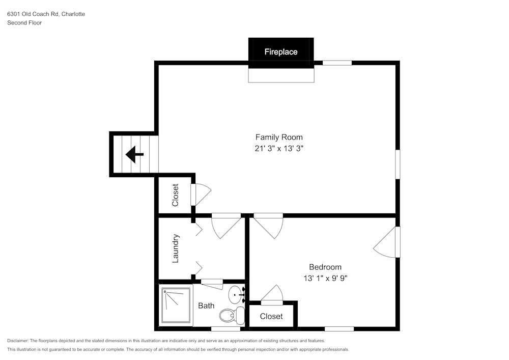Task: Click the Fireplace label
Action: point(280,52)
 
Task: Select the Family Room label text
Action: point(278,137)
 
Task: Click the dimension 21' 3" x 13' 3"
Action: point(278,149)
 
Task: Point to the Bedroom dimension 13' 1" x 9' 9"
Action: point(325,278)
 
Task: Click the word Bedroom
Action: point(325,267)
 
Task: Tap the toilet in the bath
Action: point(233,315)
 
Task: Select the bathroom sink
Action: point(236,294)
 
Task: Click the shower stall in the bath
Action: point(176,306)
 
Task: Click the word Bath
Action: point(206,306)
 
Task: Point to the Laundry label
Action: point(176,248)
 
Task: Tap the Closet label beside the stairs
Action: point(175,195)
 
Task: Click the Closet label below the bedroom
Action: point(271,316)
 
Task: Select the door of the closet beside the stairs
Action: point(201,194)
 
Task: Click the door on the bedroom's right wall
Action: point(387,242)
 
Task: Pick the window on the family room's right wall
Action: point(398,164)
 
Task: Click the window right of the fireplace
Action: point(337,63)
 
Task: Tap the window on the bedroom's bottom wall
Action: point(339,328)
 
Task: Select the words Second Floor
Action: point(24,23)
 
